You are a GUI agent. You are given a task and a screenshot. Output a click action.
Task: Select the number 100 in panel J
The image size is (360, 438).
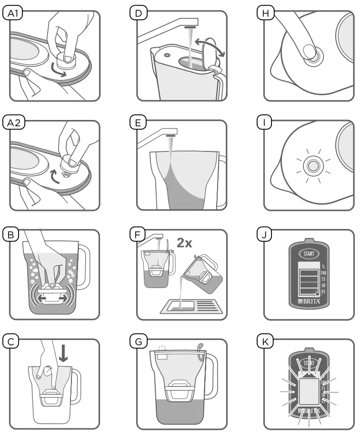tap(323, 273)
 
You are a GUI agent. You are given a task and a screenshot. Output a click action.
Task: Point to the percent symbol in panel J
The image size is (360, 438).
tap(323, 266)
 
